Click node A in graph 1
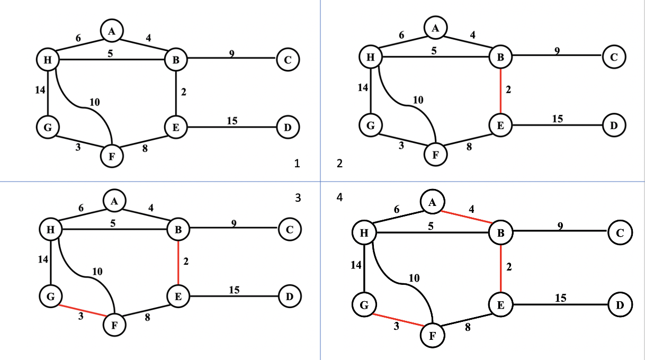pyautogui.click(x=112, y=31)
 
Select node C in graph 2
pyautogui.click(x=614, y=56)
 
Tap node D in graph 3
pyautogui.click(x=289, y=296)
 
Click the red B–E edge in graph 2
pyautogui.click(x=500, y=91)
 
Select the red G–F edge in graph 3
pyautogui.click(x=83, y=311)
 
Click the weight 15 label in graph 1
pyautogui.click(x=232, y=121)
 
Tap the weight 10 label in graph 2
pyautogui.click(x=417, y=100)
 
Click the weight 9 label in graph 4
pyautogui.click(x=560, y=226)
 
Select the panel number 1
pyautogui.click(x=297, y=164)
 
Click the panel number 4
pyautogui.click(x=339, y=197)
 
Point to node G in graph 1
pyautogui.click(x=48, y=127)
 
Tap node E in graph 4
pyautogui.click(x=500, y=304)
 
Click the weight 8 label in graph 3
pyautogui.click(x=148, y=318)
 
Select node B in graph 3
pyautogui.click(x=178, y=229)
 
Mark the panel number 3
pyautogui.click(x=298, y=197)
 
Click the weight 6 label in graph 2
pyautogui.click(x=401, y=35)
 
